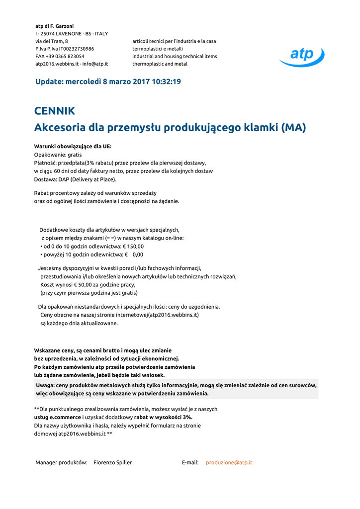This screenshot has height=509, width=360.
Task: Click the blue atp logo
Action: click(x=302, y=56)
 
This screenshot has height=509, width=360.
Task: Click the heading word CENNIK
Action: click(x=55, y=111)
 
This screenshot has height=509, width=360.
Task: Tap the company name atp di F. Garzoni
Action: click(x=54, y=26)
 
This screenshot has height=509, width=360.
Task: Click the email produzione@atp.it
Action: click(x=229, y=462)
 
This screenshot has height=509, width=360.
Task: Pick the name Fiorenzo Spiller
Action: click(x=113, y=462)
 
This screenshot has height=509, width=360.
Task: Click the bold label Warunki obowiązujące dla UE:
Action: click(x=73, y=147)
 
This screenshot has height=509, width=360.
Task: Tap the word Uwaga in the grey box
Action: click(x=45, y=385)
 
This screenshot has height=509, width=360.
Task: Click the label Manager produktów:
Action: click(x=61, y=462)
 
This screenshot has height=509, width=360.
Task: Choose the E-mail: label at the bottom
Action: click(x=190, y=462)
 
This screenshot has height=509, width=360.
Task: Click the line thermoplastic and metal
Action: click(x=160, y=64)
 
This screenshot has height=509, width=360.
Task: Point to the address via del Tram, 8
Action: click(x=52, y=41)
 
